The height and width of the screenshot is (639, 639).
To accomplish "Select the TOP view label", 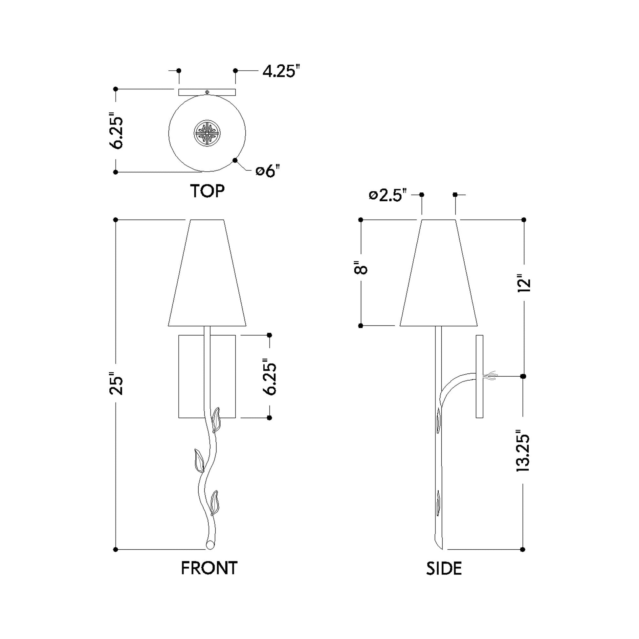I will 207,191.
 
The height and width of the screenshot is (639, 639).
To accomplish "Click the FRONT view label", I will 209,568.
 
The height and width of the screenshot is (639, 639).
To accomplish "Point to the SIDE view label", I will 444,568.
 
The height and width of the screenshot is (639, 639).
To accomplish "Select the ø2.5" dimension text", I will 387,195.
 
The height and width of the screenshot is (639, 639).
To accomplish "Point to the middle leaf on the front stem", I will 199,460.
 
